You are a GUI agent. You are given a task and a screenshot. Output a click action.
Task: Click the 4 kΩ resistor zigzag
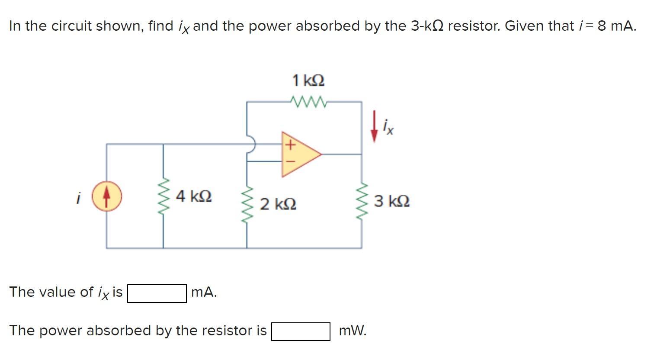pyautogui.click(x=163, y=197)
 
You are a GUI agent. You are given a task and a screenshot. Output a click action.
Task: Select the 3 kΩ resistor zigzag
pyautogui.click(x=362, y=201)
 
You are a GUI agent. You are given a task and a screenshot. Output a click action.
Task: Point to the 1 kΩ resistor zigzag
pyautogui.click(x=309, y=102)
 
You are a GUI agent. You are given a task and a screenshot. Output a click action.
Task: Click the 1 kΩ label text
pyautogui.click(x=308, y=80)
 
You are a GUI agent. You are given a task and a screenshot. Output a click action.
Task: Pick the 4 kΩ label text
pyautogui.click(x=194, y=196)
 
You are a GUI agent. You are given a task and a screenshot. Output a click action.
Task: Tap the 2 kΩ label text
pyautogui.click(x=278, y=203)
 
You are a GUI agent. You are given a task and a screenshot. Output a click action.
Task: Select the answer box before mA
pyautogui.click(x=157, y=293)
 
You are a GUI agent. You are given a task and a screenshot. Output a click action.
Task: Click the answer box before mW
pyautogui.click(x=301, y=332)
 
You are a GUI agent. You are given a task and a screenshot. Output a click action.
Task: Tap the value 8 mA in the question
pyautogui.click(x=616, y=26)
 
